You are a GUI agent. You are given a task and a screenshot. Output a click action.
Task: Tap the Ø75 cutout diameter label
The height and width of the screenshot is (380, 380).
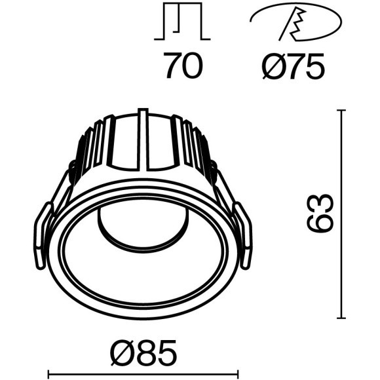point(292,66)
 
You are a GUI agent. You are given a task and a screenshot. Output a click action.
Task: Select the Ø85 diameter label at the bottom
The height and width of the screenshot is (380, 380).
point(143,354)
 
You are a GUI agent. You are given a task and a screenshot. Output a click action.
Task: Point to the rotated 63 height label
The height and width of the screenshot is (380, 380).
point(320,214)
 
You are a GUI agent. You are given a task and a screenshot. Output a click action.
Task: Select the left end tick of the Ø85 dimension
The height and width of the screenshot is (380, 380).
point(48,377)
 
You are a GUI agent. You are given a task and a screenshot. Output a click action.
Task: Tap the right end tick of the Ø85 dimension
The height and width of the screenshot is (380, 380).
point(237,377)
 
